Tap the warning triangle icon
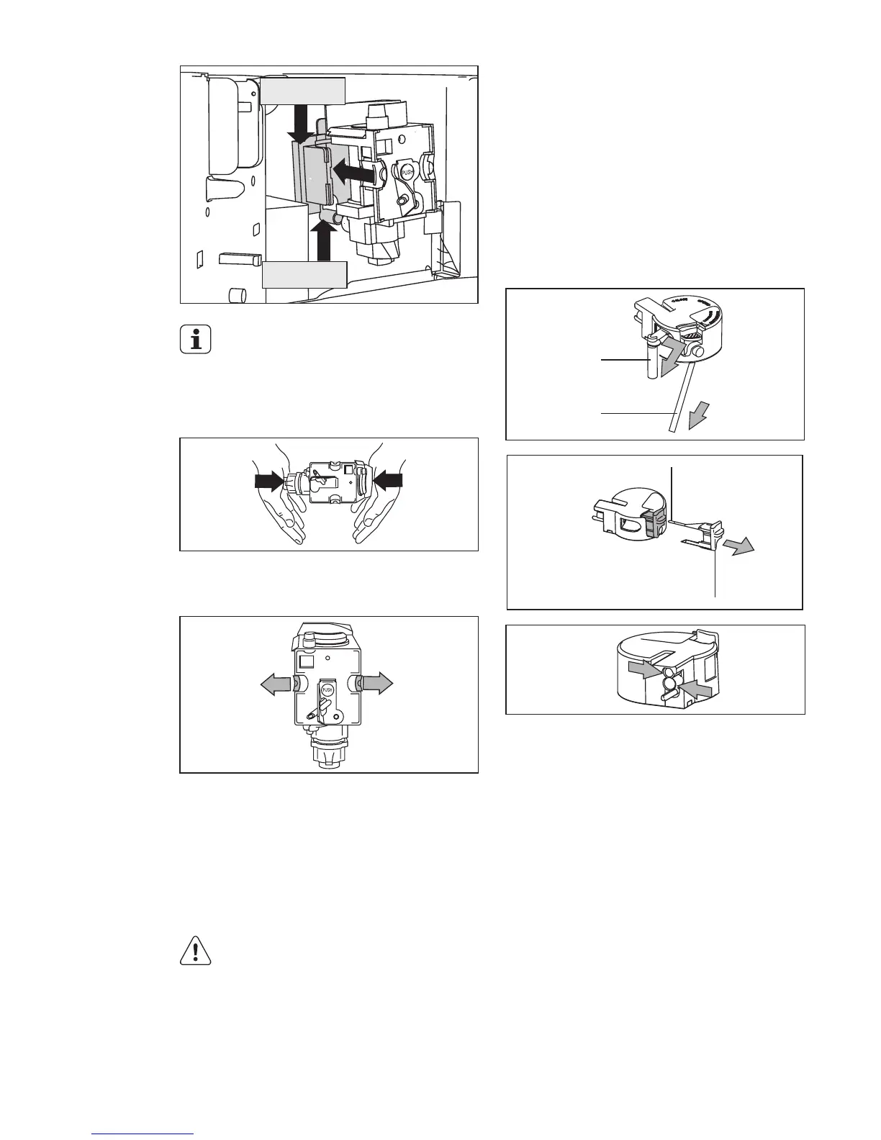click(195, 952)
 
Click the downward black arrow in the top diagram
click(299, 124)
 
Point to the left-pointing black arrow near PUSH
click(355, 173)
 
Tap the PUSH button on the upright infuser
click(327, 689)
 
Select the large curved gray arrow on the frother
click(674, 355)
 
